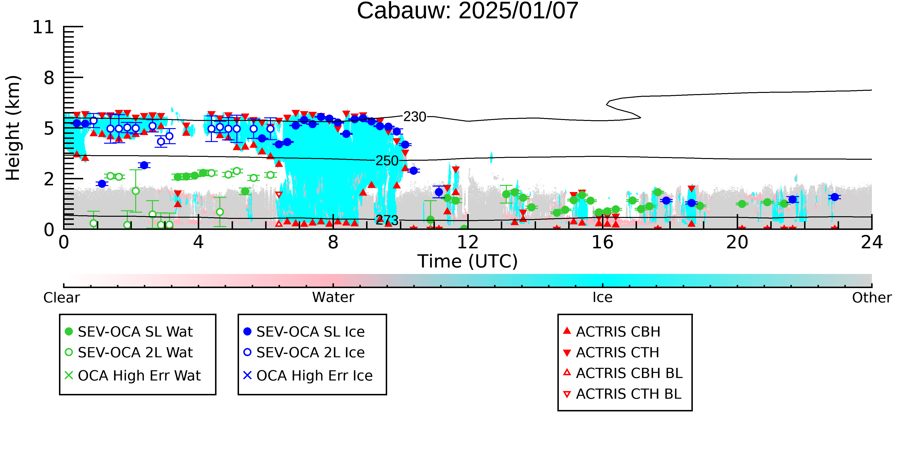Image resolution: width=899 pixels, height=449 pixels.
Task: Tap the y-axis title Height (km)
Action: [13, 128]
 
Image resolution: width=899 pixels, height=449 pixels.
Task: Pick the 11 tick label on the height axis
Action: [43, 27]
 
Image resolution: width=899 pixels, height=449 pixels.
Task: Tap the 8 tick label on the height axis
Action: [49, 78]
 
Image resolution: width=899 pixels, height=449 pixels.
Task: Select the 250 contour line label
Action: [387, 161]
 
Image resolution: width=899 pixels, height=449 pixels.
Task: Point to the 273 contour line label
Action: [387, 220]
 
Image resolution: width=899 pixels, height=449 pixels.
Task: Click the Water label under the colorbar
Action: [333, 297]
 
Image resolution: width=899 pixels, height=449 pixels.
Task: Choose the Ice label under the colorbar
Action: [602, 297]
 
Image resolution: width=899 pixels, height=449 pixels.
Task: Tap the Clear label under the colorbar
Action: [61, 298]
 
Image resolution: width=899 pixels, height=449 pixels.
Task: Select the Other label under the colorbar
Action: [872, 298]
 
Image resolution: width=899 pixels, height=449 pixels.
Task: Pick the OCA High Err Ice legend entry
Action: [308, 375]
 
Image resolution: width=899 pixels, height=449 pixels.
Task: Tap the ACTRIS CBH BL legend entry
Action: [623, 373]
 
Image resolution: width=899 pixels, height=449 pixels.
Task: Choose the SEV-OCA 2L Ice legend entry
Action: [304, 352]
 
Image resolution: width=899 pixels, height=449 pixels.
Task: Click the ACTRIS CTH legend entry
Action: [611, 352]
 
